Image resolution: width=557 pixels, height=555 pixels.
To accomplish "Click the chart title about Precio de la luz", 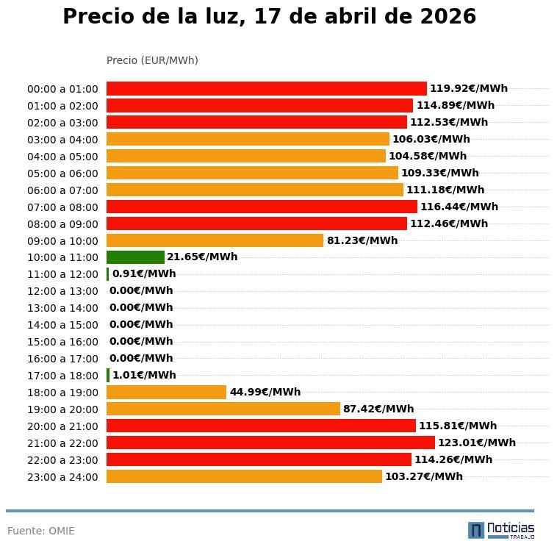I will tap(269, 17).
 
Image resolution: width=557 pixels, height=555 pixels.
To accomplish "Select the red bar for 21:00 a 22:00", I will tap(270, 443).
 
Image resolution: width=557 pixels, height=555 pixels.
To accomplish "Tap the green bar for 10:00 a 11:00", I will tap(135, 257).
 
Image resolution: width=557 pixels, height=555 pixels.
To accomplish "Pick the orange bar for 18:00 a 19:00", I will tap(166, 392).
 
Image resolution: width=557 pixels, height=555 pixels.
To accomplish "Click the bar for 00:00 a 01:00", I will tap(266, 88).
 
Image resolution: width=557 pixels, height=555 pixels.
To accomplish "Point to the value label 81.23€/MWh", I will tap(362, 240).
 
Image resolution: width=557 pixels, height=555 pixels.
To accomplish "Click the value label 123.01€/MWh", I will tap(476, 443).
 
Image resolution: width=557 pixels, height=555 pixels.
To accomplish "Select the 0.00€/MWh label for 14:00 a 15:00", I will tap(141, 324).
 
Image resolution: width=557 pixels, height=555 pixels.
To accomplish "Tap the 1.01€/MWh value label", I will tap(144, 375).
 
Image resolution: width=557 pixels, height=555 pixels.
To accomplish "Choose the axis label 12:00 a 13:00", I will tap(62, 291).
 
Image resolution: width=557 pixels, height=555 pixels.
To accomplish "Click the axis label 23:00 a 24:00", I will tap(62, 477).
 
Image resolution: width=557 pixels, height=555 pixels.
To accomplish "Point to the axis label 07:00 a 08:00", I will tap(62, 207).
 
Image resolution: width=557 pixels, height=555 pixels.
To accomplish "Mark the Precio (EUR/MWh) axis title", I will tap(152, 60).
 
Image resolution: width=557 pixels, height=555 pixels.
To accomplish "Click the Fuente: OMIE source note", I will tap(41, 531).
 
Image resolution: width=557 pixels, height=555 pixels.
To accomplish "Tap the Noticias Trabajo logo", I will tap(501, 530).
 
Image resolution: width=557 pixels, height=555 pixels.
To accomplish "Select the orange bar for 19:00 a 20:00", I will tap(223, 409).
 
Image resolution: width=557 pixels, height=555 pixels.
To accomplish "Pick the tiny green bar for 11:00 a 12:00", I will tap(108, 274).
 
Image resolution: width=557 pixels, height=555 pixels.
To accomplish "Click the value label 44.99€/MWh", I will tap(265, 392).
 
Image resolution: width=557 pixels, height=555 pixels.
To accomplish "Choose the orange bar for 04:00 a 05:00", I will tap(245, 156).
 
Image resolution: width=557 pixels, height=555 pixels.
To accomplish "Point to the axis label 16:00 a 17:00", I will tap(62, 359).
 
